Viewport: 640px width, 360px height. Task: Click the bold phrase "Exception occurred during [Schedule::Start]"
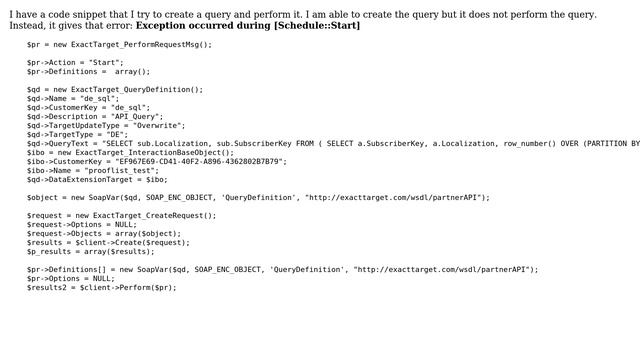click(x=247, y=25)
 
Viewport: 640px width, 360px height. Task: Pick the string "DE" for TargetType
click(x=118, y=134)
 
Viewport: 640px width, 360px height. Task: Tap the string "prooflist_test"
click(x=128, y=170)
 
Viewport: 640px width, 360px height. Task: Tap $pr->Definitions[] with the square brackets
click(x=63, y=269)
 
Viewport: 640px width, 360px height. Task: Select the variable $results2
click(x=46, y=287)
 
